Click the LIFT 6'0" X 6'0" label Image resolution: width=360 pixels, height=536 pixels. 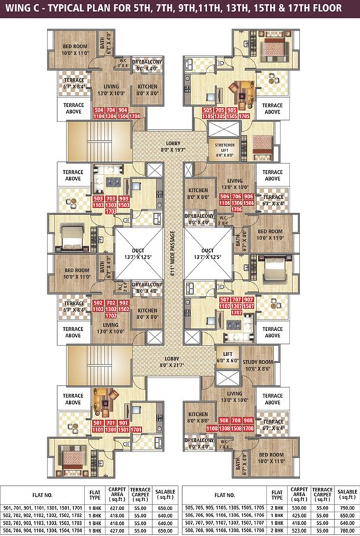pos(227,358)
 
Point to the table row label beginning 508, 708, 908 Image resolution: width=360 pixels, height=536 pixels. pos(224,529)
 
